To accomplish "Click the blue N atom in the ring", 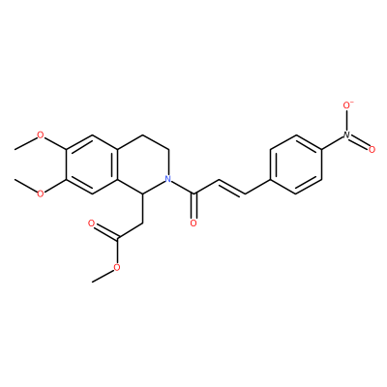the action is tap(167, 178).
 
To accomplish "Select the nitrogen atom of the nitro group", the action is tap(346, 134).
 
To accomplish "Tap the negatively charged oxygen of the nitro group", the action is tap(347, 105).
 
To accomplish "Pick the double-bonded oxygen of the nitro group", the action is tap(372, 149).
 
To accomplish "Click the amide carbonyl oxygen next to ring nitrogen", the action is tap(193, 223).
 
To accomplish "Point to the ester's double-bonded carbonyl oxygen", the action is tap(91, 223).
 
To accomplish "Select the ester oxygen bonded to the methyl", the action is tap(117, 267).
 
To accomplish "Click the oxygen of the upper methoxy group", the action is tap(41, 134).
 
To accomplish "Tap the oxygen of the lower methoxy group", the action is tap(41, 193).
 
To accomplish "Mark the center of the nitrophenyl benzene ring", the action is tap(295, 164).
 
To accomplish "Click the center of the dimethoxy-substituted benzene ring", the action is tap(91, 164).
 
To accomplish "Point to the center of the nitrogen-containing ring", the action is tap(142, 164).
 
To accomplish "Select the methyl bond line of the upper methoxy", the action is tap(25, 143).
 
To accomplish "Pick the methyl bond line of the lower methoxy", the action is tap(25, 185).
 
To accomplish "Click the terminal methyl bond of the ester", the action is tap(103, 276).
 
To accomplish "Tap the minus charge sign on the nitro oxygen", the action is tap(353, 102).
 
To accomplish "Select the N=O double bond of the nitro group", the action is tap(359, 142).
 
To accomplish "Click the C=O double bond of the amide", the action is tap(193, 206).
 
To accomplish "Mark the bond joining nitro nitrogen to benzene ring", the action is tap(332, 142).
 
